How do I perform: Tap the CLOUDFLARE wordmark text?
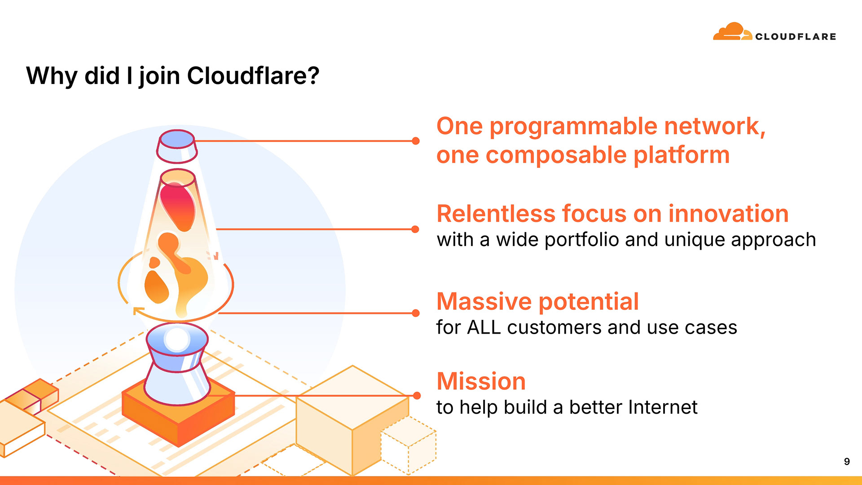pos(796,37)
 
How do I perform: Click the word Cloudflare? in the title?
pos(253,75)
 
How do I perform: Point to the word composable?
pos(556,155)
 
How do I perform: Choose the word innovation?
pos(728,214)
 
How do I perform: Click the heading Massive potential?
pos(537,301)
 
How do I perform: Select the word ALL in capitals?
pos(484,327)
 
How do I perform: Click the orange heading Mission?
pos(481,381)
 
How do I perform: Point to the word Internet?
pos(663,407)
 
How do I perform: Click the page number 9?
pos(847,462)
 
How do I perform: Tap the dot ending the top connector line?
pos(416,141)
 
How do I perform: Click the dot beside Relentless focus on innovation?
pos(415,229)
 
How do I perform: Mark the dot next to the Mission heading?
pos(417,396)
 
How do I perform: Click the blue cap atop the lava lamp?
pos(177,139)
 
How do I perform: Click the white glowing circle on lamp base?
pos(177,339)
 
